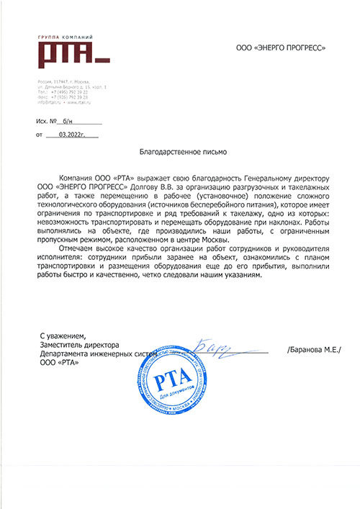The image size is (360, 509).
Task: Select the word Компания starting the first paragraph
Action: click(75, 176)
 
